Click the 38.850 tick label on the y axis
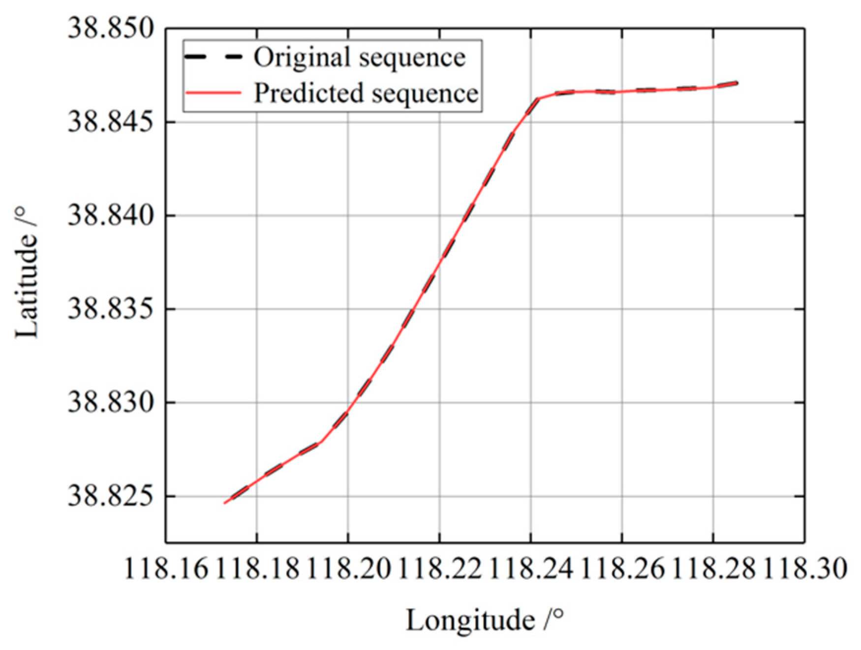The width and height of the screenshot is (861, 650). click(x=110, y=28)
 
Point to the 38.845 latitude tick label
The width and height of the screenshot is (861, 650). click(x=110, y=122)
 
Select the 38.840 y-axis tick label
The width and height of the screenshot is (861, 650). click(x=110, y=215)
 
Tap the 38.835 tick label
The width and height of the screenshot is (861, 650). click(x=110, y=309)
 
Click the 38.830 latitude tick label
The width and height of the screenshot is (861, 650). click(x=110, y=402)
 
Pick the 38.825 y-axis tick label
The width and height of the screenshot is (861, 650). click(x=110, y=496)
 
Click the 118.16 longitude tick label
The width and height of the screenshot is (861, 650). click(x=166, y=569)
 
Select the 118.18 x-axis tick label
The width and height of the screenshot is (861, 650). click(x=257, y=569)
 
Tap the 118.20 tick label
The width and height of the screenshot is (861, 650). click(x=348, y=569)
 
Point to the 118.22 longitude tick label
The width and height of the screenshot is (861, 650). click(x=439, y=569)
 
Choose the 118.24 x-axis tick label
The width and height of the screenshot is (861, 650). click(x=531, y=569)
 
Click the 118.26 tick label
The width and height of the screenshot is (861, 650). click(x=622, y=569)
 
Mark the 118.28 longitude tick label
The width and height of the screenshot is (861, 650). click(x=713, y=569)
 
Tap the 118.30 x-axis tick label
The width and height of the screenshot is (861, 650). click(x=805, y=569)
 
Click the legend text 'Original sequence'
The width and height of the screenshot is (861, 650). click(x=359, y=57)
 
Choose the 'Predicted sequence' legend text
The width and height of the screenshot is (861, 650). click(x=366, y=93)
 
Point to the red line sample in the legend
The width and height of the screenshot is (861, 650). click(x=213, y=93)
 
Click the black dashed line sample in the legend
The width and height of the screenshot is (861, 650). click(x=213, y=57)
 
